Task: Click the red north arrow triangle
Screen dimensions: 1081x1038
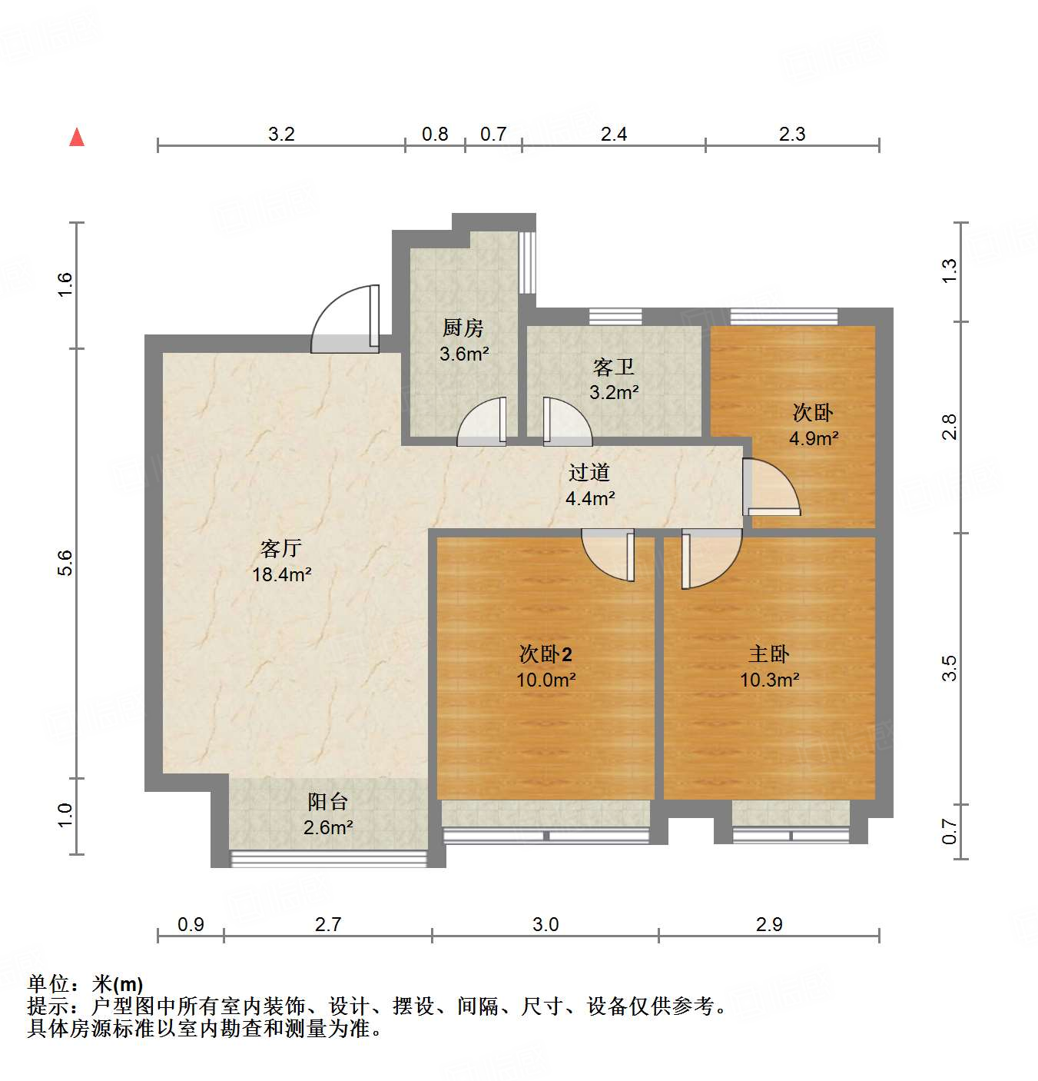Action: pos(77,137)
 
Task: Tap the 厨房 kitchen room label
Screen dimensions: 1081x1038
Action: pos(463,328)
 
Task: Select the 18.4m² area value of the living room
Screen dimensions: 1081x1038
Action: pos(282,574)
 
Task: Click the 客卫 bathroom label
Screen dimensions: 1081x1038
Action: pos(613,367)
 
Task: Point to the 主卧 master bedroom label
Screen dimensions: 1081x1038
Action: pos(769,654)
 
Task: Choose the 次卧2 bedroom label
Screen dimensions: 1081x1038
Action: pos(546,654)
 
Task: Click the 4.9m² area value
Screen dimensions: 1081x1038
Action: pos(814,439)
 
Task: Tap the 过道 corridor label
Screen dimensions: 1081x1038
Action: pos(589,472)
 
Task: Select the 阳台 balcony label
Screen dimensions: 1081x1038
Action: pos(328,802)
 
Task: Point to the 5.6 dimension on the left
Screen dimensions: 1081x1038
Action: pos(65,563)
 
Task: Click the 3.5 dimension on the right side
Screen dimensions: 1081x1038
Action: pos(950,667)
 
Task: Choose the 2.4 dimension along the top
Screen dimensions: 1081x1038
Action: pos(613,135)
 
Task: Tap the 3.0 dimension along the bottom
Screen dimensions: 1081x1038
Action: pos(546,924)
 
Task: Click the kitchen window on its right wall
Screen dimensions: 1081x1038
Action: pos(527,261)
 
